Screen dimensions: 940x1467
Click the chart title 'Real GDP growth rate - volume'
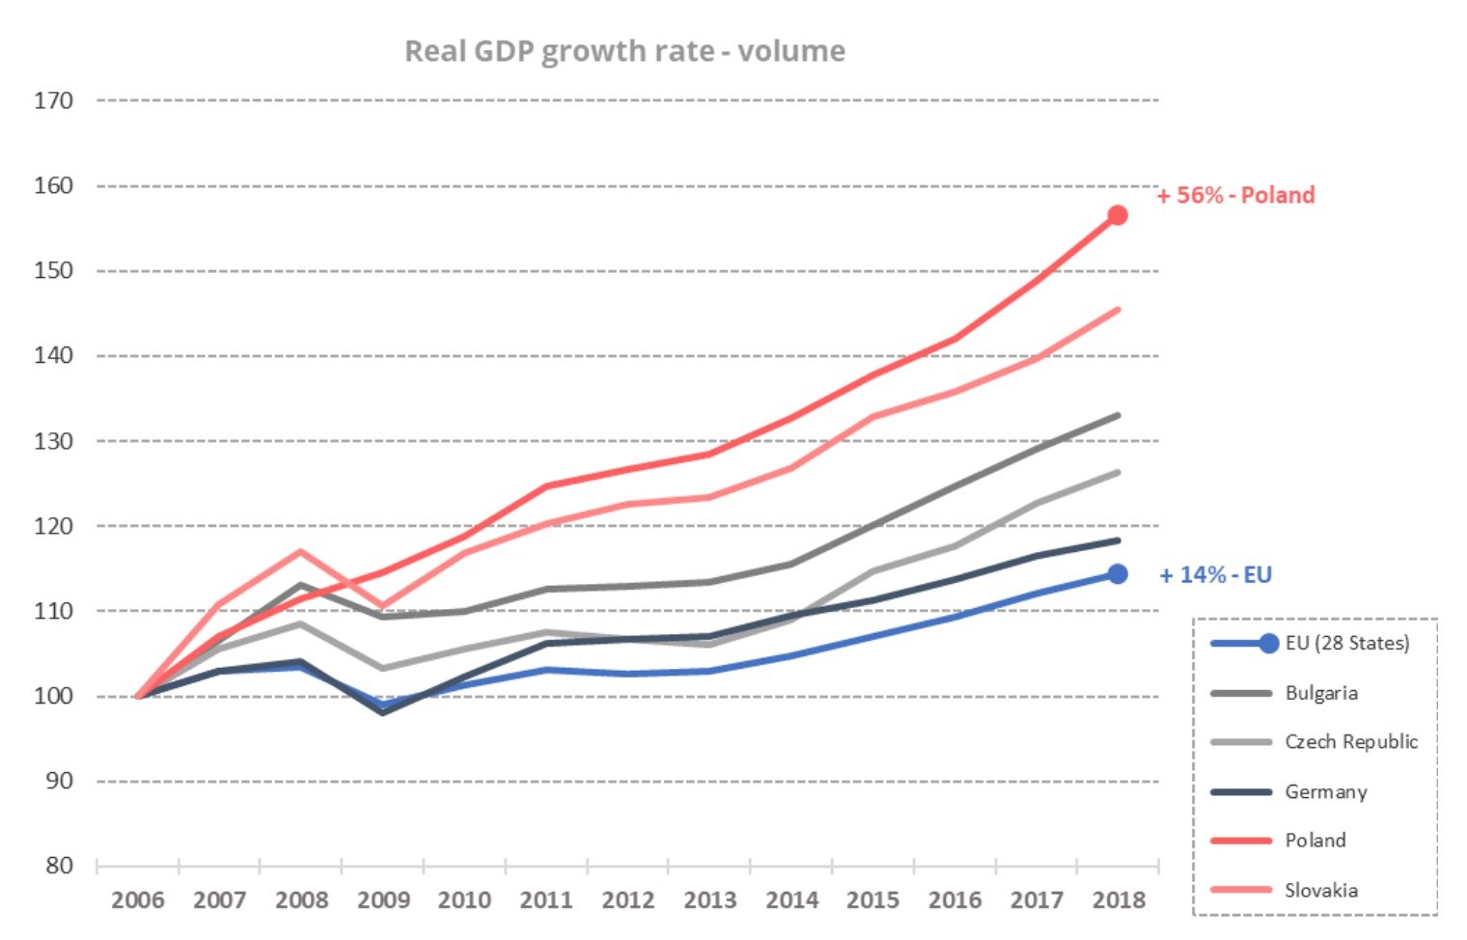pyautogui.click(x=624, y=51)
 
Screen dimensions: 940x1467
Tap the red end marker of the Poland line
pyautogui.click(x=1117, y=215)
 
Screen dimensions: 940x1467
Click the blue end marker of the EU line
pyautogui.click(x=1117, y=574)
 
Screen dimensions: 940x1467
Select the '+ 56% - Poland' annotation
pyautogui.click(x=1235, y=195)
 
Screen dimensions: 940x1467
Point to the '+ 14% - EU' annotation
pyautogui.click(x=1215, y=575)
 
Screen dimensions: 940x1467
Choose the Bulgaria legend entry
pyautogui.click(x=1320, y=693)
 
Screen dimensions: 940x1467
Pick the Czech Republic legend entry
pyautogui.click(x=1350, y=742)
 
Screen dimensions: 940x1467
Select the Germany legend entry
pyautogui.click(x=1325, y=792)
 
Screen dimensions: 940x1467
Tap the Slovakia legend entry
pyautogui.click(x=1320, y=891)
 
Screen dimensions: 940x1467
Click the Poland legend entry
pyautogui.click(x=1315, y=841)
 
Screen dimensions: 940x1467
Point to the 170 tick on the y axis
pyautogui.click(x=53, y=100)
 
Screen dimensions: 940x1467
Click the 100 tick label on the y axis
pyautogui.click(x=53, y=696)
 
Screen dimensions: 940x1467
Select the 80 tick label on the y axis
pyautogui.click(x=59, y=866)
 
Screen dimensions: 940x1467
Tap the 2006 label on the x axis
pyautogui.click(x=137, y=900)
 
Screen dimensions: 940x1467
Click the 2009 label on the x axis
pyautogui.click(x=383, y=900)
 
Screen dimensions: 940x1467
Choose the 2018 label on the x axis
pyautogui.click(x=1119, y=900)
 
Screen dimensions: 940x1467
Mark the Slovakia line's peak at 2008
pyautogui.click(x=301, y=551)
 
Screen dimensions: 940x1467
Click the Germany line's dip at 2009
pyautogui.click(x=383, y=712)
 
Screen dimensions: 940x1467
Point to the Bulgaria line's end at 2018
pyautogui.click(x=1118, y=416)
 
